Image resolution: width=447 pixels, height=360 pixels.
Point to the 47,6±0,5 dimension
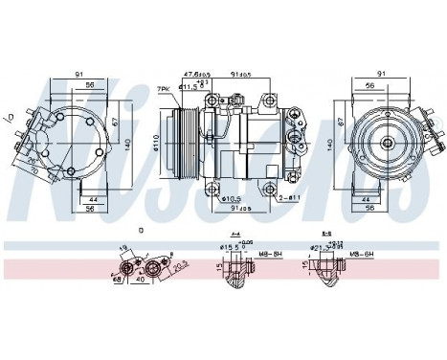pyautogui.click(x=196, y=72)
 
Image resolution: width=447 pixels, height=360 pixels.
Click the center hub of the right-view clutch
pyautogui.click(x=389, y=142)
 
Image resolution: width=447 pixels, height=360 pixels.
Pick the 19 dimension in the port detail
pyautogui.click(x=124, y=248)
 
